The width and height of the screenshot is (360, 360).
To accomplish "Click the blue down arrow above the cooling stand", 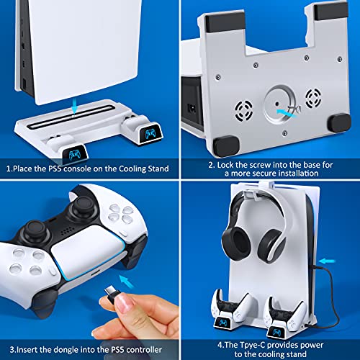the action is pos(75,106).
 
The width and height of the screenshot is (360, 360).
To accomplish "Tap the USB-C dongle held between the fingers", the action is pos(112,292).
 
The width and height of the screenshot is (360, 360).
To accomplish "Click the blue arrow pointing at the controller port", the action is pos(127,282).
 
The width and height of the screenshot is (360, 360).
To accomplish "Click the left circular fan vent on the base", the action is pos(244,111).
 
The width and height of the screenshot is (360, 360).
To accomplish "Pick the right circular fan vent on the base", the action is pos(313,98).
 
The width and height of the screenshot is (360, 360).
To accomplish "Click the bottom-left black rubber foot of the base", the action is pos(226,146).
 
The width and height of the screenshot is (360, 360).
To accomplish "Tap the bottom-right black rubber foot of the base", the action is pos(339,124).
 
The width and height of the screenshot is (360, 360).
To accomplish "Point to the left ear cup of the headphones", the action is pos(236,243).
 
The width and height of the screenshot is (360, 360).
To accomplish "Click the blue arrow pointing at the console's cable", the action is pos(327,261).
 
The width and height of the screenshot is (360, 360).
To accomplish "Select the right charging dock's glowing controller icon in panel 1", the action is pos(150,133).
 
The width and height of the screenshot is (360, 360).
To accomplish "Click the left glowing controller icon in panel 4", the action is pos(222,323).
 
